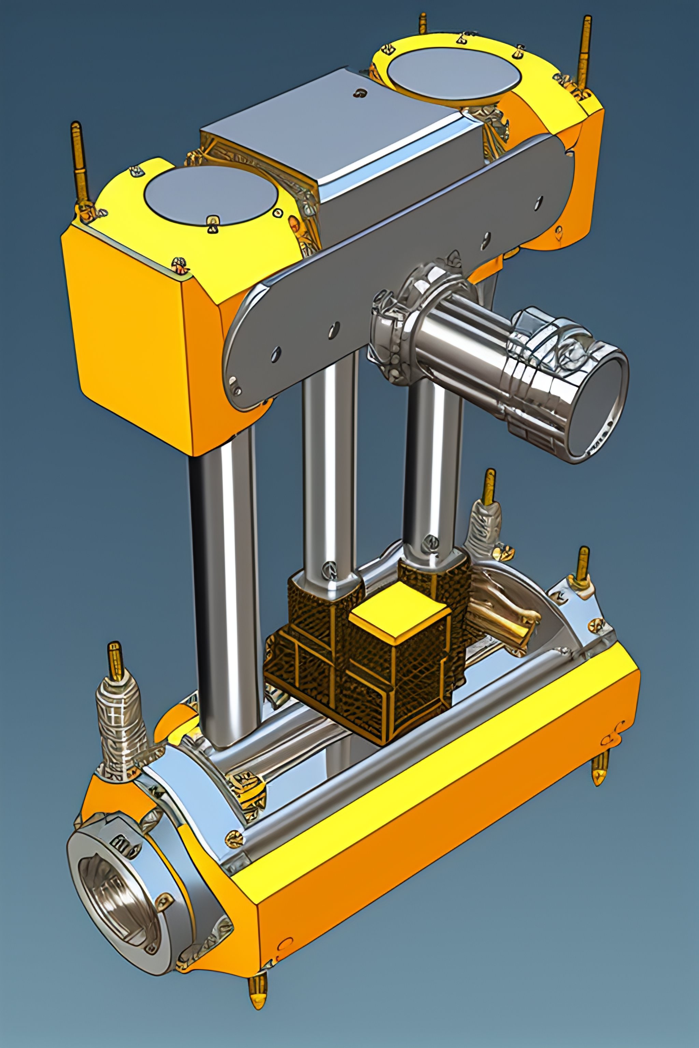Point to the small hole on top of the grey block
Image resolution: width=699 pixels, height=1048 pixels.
click(359, 93)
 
